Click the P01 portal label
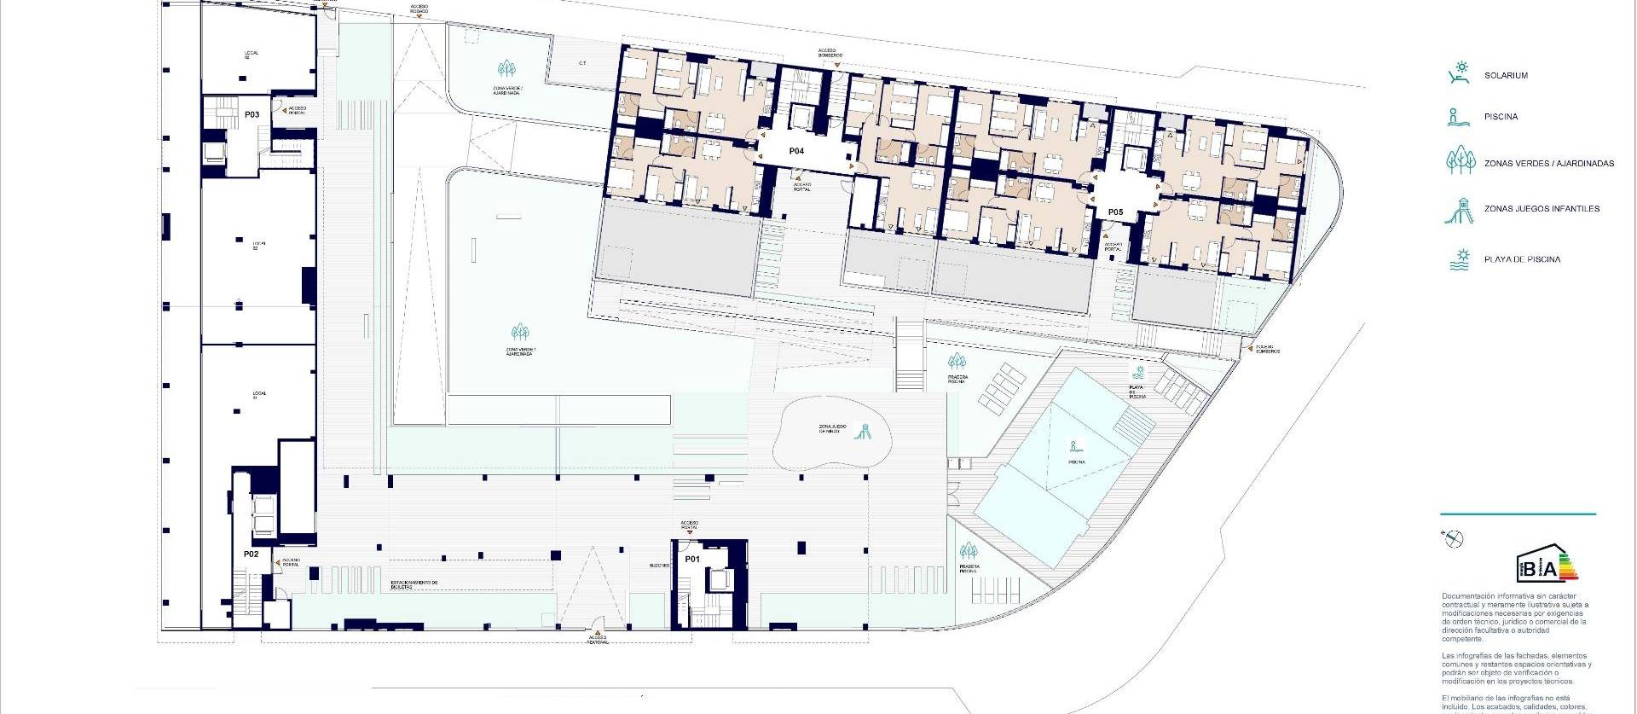tap(691, 560)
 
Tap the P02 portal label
tap(251, 554)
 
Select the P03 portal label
tap(252, 114)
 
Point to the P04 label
tap(796, 151)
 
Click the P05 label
tap(1115, 212)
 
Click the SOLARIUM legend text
tap(1506, 76)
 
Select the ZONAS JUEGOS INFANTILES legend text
tap(1542, 209)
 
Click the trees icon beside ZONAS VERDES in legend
tap(1460, 160)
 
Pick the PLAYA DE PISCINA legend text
tap(1522, 259)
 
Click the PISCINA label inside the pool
tap(1077, 461)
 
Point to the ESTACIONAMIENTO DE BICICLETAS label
tap(414, 585)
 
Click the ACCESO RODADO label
tap(419, 9)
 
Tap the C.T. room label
tap(582, 62)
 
